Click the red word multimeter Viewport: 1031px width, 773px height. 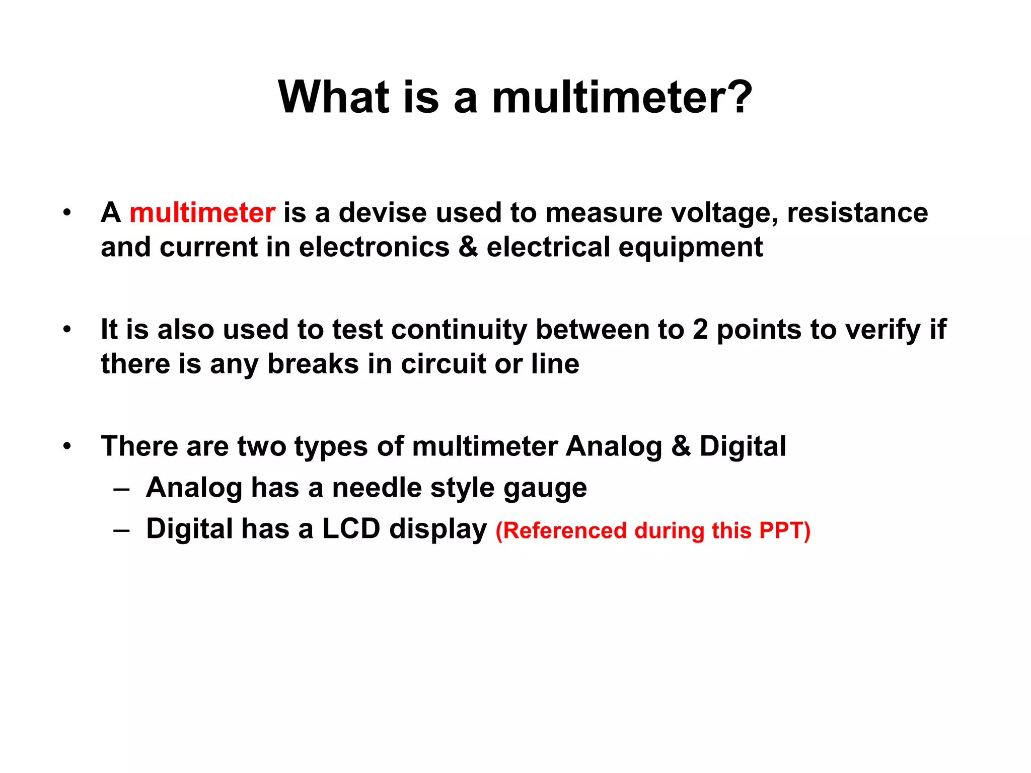point(202,213)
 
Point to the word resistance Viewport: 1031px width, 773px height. point(857,213)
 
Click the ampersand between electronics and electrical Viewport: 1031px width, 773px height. point(468,247)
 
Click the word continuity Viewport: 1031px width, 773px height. point(459,331)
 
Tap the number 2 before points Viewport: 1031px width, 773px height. point(700,330)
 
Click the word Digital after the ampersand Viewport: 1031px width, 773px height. point(743,446)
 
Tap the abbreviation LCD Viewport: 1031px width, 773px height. point(351,529)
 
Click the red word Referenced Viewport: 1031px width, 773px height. point(564,531)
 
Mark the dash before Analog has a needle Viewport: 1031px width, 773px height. point(122,489)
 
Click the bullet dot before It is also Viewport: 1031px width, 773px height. point(67,330)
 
